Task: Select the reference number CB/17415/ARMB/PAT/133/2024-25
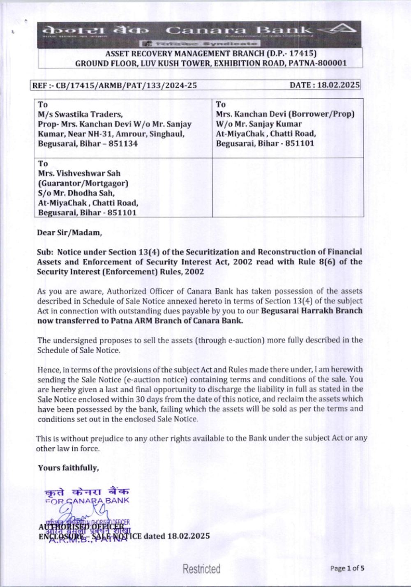pyautogui.click(x=126, y=85)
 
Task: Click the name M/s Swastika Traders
pyautogui.click(x=80, y=114)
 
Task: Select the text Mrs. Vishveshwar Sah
pyautogui.click(x=79, y=173)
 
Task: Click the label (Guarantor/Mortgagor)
pyautogui.click(x=83, y=183)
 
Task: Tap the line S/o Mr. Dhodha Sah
pyautogui.click(x=76, y=193)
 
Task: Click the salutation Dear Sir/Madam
pyautogui.click(x=69, y=232)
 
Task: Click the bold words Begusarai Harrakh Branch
pyautogui.click(x=312, y=311)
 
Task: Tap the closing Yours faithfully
pyautogui.click(x=68, y=468)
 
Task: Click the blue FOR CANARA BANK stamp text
pyautogui.click(x=87, y=501)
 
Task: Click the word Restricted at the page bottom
pyautogui.click(x=201, y=569)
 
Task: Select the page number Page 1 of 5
pyautogui.click(x=347, y=569)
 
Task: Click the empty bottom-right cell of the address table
pyautogui.click(x=288, y=187)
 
